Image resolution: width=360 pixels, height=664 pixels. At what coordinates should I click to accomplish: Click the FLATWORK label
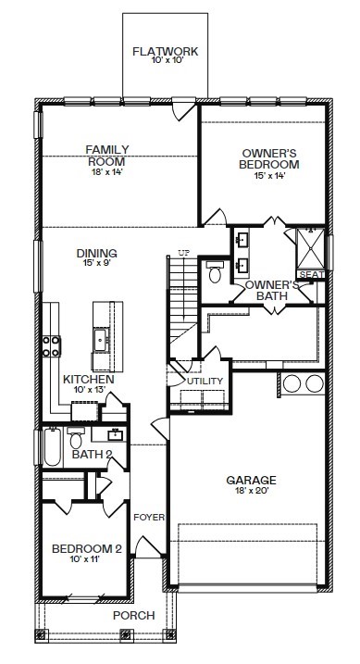point(166,52)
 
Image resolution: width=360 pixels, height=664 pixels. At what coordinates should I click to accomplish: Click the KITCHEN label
point(89,380)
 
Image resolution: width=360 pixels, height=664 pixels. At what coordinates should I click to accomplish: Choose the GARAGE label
point(252,480)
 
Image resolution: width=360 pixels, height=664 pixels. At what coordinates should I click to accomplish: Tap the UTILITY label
point(205,382)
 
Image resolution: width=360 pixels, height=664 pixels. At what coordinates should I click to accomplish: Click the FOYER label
point(148,517)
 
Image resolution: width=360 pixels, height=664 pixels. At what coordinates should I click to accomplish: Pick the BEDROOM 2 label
point(86,548)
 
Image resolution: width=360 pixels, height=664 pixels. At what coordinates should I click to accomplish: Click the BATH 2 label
point(92,455)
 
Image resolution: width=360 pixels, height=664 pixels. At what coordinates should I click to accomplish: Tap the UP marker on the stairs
point(183,253)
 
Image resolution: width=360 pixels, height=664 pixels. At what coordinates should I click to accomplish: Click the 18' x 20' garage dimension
point(252,492)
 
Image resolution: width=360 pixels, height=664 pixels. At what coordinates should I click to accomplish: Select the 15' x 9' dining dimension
point(96,264)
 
